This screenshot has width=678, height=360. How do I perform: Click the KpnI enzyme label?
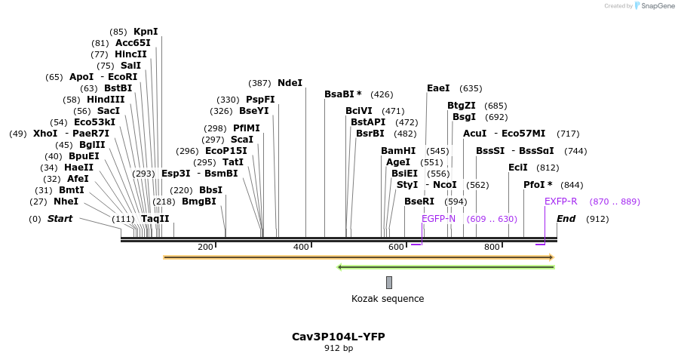[146, 32]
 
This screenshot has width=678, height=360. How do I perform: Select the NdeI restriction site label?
[290, 83]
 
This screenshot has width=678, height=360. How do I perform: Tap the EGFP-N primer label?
[438, 219]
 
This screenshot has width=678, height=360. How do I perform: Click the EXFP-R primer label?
[560, 202]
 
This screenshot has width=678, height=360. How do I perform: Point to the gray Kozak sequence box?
[389, 282]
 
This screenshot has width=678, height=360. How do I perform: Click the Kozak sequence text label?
[388, 299]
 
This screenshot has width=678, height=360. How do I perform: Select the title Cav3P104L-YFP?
[339, 337]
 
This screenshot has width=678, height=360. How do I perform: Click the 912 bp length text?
[339, 349]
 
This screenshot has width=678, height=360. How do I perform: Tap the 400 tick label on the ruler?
[301, 248]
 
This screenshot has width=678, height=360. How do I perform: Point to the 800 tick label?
[492, 248]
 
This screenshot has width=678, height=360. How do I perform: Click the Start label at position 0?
[60, 219]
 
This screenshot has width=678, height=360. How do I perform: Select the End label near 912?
[566, 219]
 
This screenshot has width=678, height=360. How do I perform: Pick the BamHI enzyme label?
[398, 151]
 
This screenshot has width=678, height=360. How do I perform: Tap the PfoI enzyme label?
[538, 185]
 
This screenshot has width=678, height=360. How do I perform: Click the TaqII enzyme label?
[155, 219]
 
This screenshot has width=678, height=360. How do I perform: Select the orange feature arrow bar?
[358, 257]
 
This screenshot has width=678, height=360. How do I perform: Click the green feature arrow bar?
[446, 266]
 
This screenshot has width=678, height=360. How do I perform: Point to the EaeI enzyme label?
[438, 88]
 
